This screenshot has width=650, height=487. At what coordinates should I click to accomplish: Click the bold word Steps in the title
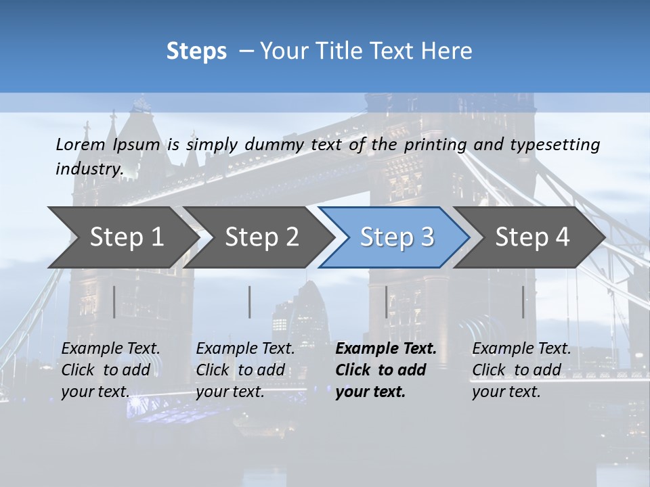point(196,51)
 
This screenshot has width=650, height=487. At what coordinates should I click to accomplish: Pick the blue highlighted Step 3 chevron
point(397,237)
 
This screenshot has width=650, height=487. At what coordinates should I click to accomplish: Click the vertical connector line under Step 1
point(114,302)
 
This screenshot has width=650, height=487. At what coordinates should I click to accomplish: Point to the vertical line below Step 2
point(250,302)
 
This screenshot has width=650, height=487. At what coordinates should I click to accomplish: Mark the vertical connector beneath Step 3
point(387,302)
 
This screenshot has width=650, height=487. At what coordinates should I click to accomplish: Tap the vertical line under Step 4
point(523,302)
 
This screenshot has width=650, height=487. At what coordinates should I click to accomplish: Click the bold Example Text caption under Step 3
point(386,370)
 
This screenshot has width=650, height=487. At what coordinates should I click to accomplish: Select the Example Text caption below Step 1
point(110,370)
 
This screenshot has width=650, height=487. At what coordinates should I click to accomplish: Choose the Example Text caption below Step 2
point(245,370)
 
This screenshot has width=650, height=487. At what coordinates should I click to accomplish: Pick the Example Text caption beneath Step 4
point(521,370)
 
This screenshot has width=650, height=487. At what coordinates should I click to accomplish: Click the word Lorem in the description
point(81,144)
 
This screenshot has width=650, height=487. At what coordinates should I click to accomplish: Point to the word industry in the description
point(89,168)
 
